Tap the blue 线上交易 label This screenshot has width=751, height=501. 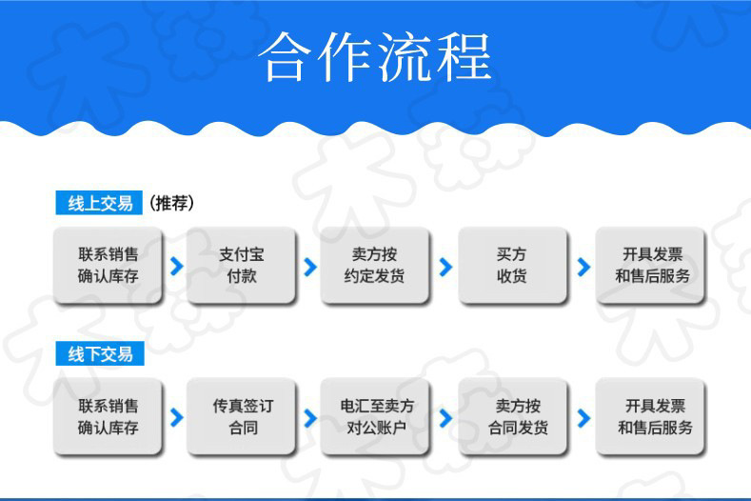[99, 203]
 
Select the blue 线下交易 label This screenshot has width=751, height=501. [99, 354]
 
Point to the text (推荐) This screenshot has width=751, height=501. [172, 203]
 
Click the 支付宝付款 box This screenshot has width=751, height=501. [242, 266]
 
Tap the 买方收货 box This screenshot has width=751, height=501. [512, 266]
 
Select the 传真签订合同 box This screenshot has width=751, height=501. [242, 416]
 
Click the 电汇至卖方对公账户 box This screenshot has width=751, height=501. [376, 416]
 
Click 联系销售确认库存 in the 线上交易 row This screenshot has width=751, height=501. [108, 266]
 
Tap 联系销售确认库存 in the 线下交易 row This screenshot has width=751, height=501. [108, 416]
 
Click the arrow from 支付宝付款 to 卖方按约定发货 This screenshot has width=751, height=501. [309, 267]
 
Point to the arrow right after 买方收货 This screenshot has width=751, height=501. [583, 267]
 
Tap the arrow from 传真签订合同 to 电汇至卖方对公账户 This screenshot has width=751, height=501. [309, 417]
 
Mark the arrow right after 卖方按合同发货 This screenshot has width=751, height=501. [583, 417]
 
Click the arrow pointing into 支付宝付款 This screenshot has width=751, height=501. [176, 267]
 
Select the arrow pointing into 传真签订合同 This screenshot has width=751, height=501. [176, 417]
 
